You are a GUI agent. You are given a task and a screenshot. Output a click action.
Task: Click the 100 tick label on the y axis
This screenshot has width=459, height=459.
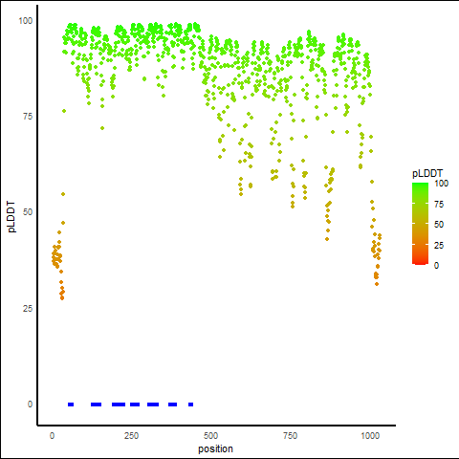[26, 21]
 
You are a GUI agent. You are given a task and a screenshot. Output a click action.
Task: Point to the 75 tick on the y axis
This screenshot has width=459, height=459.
[28, 117]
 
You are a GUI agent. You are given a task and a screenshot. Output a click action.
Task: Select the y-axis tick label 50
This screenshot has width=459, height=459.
[28, 212]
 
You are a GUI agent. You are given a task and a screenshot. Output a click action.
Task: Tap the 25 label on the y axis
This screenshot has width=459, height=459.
[28, 309]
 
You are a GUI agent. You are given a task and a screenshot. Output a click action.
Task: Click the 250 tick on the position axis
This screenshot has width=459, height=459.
[131, 436]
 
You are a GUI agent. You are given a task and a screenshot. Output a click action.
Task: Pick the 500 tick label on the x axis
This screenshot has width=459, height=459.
[210, 436]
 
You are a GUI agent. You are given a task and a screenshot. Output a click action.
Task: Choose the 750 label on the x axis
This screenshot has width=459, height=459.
[290, 436]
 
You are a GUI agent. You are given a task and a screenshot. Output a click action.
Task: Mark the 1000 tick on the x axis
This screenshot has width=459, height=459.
[370, 436]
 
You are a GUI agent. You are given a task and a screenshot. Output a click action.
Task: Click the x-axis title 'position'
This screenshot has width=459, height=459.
[215, 449]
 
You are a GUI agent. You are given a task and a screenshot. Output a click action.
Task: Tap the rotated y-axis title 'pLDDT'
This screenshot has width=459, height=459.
[11, 217]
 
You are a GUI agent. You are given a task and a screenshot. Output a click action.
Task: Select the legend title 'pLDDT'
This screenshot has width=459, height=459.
[427, 173]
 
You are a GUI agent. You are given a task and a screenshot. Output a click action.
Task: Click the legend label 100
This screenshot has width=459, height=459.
[442, 184]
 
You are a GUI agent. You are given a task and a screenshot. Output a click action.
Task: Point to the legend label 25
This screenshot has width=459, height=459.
[439, 246]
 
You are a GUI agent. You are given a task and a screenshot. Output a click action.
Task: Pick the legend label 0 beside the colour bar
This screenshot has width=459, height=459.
[436, 266]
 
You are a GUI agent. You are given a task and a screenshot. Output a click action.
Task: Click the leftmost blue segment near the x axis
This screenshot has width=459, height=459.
[71, 404]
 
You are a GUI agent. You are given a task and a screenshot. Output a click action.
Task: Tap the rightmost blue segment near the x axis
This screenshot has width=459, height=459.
[190, 404]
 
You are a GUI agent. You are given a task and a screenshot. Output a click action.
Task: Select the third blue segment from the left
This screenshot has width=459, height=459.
[119, 404]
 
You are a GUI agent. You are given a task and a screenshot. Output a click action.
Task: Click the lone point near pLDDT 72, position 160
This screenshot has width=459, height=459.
[102, 128]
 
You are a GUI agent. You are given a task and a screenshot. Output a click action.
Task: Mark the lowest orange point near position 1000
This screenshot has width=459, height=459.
[377, 284]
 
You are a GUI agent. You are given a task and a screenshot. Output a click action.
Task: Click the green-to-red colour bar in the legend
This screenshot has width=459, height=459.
[420, 224]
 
